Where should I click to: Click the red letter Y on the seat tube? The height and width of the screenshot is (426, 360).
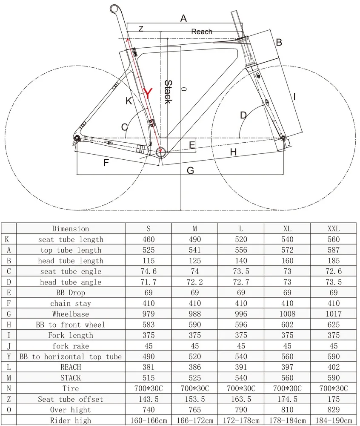(147, 93)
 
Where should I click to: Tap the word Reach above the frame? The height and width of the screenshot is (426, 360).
(201, 32)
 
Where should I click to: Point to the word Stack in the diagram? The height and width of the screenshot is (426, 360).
(167, 92)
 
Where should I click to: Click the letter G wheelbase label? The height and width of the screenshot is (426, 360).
(190, 170)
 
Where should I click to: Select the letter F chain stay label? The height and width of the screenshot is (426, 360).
(106, 162)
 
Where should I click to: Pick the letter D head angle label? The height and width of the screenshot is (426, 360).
(243, 115)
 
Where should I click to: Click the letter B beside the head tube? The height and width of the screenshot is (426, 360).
(279, 42)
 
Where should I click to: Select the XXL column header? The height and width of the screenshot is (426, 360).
(333, 229)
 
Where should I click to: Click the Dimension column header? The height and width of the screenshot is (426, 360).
(71, 229)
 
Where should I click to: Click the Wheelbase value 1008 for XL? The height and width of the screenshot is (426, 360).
(287, 314)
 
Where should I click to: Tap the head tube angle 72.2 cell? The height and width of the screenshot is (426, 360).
(194, 282)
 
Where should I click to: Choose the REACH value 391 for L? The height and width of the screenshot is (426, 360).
(241, 367)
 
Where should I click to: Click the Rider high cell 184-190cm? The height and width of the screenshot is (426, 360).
(333, 420)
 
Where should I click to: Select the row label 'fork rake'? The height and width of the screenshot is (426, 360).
(71, 346)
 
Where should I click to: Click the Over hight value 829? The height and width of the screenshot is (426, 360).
(333, 410)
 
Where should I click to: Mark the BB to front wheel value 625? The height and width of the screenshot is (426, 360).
(333, 325)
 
